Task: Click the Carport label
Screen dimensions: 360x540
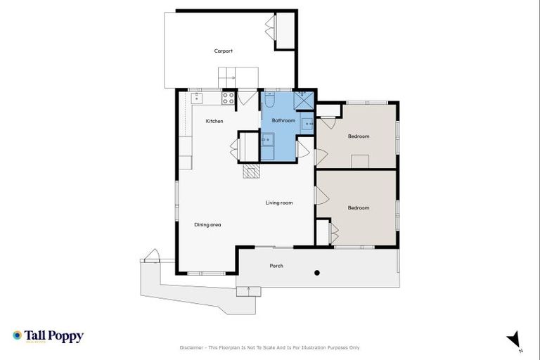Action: [x=224, y=51]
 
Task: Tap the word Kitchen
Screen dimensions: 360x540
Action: [x=214, y=122]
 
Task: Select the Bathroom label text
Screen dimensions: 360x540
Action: [x=283, y=121]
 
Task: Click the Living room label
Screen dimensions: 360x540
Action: [x=279, y=203]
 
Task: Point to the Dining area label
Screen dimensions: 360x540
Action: [x=208, y=225]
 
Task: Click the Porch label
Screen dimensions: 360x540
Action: [x=276, y=266]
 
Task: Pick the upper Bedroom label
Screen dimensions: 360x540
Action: [x=359, y=136]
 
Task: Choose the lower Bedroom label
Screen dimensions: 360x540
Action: [x=359, y=208]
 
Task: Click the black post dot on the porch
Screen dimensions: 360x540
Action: [x=317, y=273]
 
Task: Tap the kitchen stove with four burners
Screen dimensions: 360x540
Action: [x=229, y=98]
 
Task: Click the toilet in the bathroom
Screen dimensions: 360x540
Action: [x=269, y=101]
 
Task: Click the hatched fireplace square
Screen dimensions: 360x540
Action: [x=251, y=171]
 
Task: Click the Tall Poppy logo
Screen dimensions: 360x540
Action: [x=48, y=336]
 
